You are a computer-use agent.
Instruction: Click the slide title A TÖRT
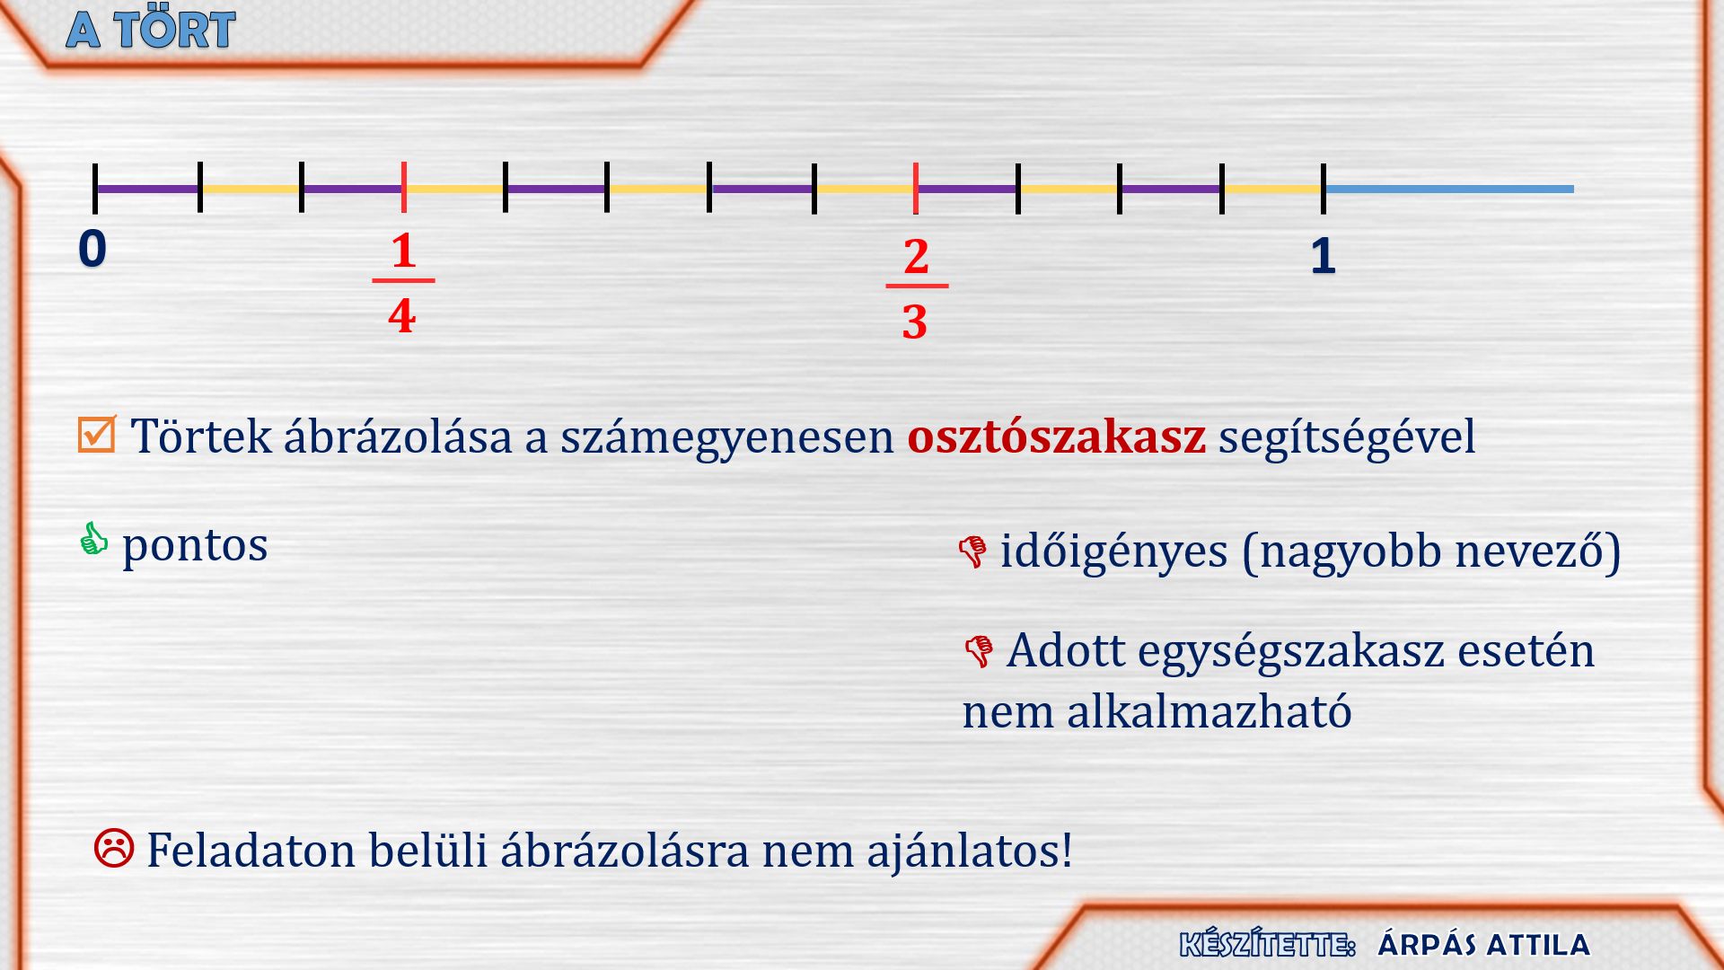tap(151, 30)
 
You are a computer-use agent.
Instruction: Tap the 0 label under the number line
tap(92, 248)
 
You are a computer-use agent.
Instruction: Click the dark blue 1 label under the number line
tap(1323, 256)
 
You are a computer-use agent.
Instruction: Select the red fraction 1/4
tap(403, 283)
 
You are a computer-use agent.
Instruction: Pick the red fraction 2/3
tap(916, 288)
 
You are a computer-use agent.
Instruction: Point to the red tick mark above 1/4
tap(404, 187)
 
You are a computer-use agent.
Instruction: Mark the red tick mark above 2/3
tap(916, 189)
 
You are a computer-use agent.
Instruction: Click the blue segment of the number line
tap(1449, 189)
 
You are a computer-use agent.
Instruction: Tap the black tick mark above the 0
tap(95, 189)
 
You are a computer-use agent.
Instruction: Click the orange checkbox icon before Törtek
tap(97, 434)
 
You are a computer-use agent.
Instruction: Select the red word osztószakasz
tap(1056, 436)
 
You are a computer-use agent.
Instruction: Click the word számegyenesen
tap(727, 438)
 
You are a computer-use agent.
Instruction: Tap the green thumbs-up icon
tap(93, 539)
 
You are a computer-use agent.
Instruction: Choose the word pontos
tap(195, 546)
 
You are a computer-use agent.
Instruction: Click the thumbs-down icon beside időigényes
tap(972, 551)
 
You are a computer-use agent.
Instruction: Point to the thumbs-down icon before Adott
tap(979, 651)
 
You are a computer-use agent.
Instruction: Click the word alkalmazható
tap(1209, 711)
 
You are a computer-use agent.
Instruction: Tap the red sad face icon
tap(114, 848)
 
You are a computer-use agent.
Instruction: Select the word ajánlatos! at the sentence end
tap(970, 851)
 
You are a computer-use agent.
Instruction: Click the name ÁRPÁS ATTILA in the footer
tap(1484, 944)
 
